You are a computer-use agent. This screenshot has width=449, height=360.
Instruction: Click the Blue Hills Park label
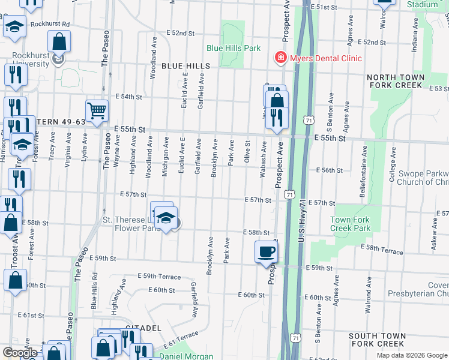pyautogui.click(x=234, y=47)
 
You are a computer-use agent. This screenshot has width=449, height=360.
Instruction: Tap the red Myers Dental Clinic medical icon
pyautogui.click(x=280, y=58)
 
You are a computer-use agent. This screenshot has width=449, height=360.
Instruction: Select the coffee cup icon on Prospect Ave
pyautogui.click(x=266, y=252)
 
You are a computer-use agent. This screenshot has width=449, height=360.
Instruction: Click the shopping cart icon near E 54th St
pyautogui.click(x=97, y=110)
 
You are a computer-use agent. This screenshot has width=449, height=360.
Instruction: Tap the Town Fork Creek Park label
pyautogui.click(x=351, y=224)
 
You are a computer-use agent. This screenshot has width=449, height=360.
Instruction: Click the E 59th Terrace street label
pyautogui.click(x=159, y=276)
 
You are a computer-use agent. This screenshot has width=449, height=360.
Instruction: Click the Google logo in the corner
pyautogui.click(x=20, y=353)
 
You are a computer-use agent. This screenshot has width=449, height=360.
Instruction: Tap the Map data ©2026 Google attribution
pyautogui.click(x=412, y=355)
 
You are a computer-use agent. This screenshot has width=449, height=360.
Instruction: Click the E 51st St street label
pyautogui.click(x=326, y=7)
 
